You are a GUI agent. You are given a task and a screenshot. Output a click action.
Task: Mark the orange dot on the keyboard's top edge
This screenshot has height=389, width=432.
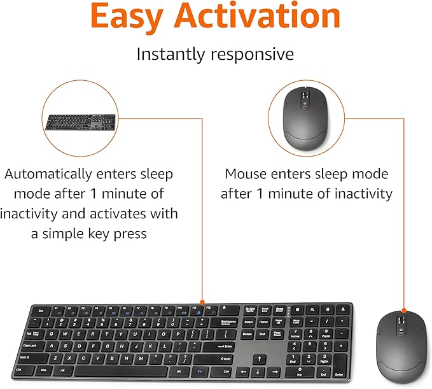(202, 302)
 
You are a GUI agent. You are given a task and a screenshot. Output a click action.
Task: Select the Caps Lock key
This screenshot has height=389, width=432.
(31, 345)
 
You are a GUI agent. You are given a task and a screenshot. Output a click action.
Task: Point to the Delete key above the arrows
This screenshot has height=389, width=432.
(246, 334)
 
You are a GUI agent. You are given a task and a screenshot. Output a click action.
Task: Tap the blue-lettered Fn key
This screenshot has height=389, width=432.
(199, 371)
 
